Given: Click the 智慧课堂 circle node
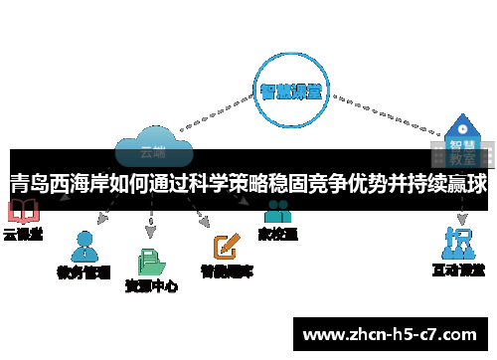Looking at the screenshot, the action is tap(290, 90).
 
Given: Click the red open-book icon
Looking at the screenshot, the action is tap(22, 212).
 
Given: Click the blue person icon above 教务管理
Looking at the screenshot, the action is tap(84, 245).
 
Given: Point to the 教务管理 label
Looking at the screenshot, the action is tap(83, 270).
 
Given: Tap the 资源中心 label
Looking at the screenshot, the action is tap(151, 286).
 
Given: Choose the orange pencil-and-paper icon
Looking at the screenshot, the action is tap(227, 245).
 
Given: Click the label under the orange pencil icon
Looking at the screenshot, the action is tap(227, 270).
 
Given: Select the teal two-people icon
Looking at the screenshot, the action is tap(277, 212).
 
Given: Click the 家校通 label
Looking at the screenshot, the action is tap(277, 235).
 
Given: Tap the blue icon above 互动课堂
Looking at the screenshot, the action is tap(458, 243).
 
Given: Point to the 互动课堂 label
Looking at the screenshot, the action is tap(458, 270).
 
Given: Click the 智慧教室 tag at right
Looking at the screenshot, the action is tap(459, 150).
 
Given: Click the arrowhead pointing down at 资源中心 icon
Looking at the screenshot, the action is tap(151, 233).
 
